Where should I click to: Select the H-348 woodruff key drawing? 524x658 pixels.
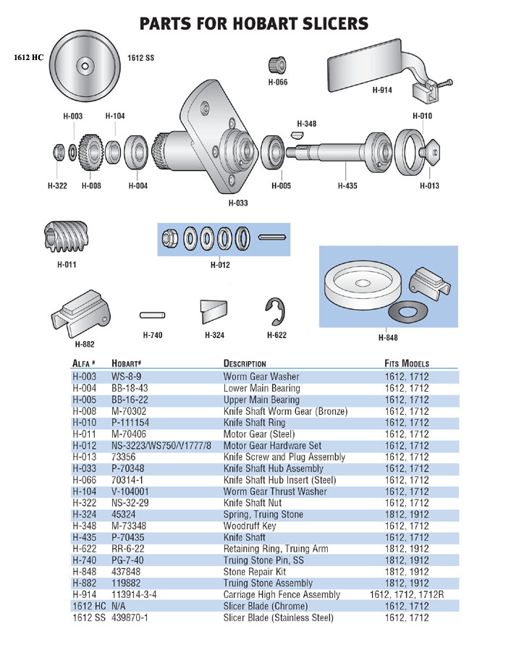point(298,134)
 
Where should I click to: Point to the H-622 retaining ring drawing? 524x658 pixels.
point(276,312)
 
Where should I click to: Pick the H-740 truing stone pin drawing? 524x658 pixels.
point(151,315)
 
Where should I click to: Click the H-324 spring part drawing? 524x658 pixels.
point(214,311)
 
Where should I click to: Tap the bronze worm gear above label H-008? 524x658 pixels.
point(90,153)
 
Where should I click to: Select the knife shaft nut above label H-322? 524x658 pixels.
point(57,153)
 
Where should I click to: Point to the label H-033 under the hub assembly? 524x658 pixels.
point(238,203)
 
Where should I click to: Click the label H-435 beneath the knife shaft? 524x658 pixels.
point(347,186)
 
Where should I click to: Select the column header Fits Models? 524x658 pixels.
point(407,363)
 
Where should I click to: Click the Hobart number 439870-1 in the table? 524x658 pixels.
point(130,617)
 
